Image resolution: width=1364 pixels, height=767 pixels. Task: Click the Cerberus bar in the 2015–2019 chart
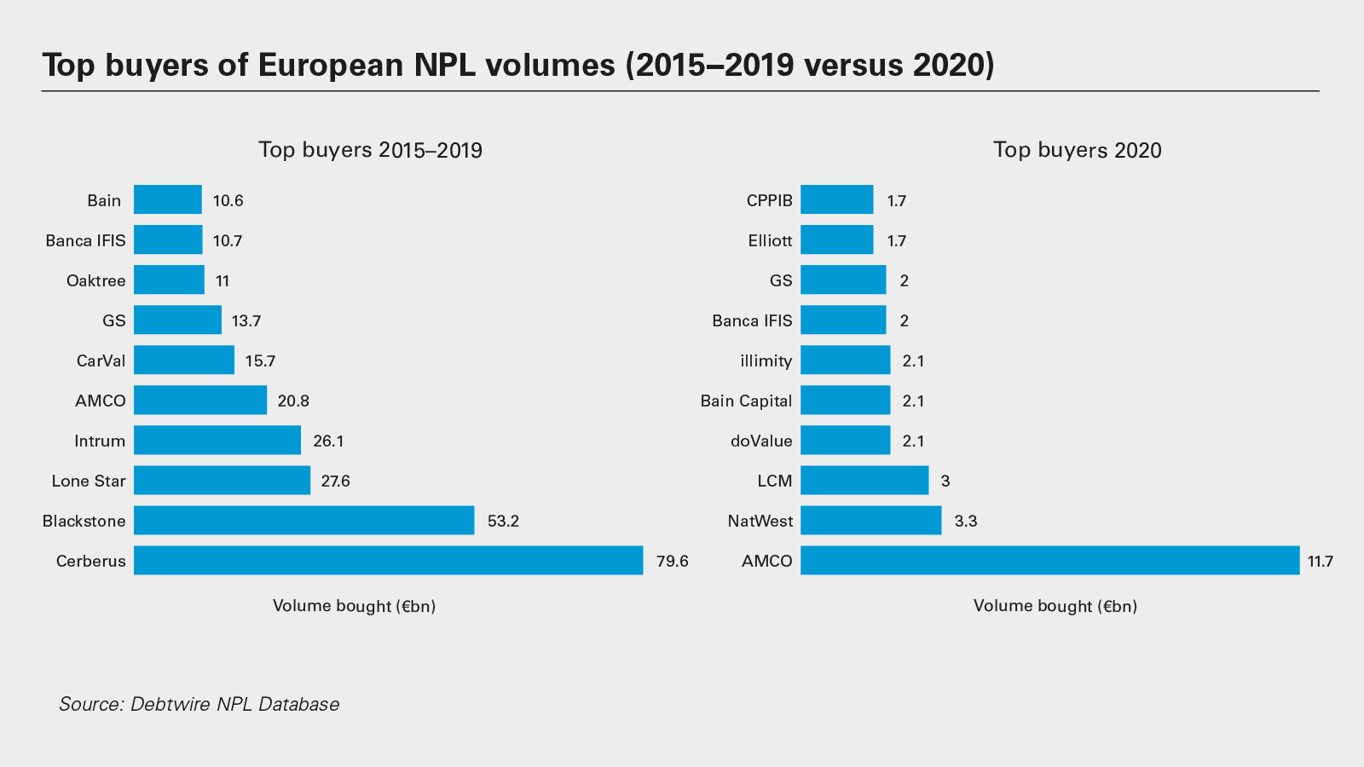[388, 561]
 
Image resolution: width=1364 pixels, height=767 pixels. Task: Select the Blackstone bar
[303, 521]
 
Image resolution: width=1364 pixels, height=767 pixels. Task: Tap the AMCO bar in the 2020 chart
[1049, 561]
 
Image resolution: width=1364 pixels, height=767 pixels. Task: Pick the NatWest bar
[870, 521]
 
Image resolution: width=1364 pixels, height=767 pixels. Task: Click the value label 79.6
[672, 562]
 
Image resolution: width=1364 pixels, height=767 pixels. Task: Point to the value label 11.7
[1320, 562]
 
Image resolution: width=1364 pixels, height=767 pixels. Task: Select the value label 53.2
[503, 522]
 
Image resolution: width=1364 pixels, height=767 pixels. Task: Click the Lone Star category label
[89, 482]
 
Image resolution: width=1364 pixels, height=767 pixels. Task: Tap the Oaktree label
[95, 281]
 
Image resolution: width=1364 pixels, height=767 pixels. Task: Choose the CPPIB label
[769, 201]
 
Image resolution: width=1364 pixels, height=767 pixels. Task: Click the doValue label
[761, 441]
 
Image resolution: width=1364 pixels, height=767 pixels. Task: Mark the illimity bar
[845, 360]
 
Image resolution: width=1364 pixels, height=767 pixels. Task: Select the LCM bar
[864, 481]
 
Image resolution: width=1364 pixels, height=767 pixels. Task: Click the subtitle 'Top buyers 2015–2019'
[370, 150]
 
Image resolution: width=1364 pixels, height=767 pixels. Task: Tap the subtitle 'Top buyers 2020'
[1077, 150]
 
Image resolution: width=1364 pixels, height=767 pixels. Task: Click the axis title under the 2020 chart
[1055, 606]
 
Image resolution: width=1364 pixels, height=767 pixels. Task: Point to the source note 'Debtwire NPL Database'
[234, 704]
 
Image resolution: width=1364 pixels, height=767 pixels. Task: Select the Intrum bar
[217, 441]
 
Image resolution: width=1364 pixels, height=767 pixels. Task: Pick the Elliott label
[770, 241]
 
